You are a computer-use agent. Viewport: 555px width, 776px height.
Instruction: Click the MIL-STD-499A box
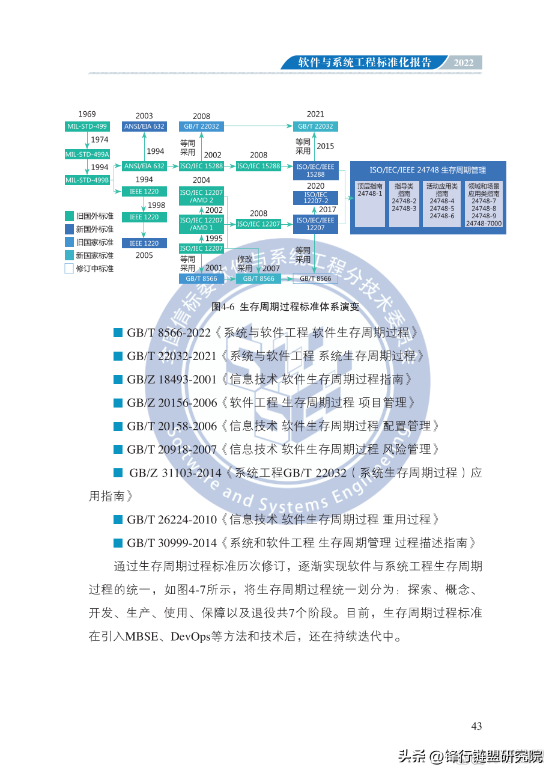[x=87, y=154]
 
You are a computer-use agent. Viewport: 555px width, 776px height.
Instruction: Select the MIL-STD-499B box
[x=87, y=180]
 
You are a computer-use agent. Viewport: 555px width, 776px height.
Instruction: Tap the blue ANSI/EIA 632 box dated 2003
[x=144, y=126]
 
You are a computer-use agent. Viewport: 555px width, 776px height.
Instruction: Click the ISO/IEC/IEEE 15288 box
[x=315, y=170]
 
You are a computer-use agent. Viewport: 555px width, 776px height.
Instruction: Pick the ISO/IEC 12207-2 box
[x=315, y=198]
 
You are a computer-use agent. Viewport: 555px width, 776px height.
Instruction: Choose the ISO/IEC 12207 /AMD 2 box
[x=201, y=197]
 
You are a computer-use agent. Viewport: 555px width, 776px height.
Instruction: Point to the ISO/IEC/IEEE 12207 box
[x=315, y=224]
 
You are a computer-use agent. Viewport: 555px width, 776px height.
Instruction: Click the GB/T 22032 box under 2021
[x=315, y=126]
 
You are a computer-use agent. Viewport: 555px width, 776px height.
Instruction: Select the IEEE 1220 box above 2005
[x=144, y=243]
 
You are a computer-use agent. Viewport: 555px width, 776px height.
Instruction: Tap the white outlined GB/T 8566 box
[x=315, y=279]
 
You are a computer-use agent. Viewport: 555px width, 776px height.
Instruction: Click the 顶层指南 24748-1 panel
[x=370, y=203]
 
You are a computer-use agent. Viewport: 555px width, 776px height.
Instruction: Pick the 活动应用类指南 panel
[x=441, y=203]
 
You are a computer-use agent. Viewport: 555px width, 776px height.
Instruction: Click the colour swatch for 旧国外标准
[x=69, y=216]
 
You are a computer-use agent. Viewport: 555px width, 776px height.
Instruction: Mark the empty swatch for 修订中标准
[x=69, y=269]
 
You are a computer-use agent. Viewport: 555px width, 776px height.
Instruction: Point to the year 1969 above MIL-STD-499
[x=87, y=114]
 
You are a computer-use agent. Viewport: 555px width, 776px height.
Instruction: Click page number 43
[x=476, y=726]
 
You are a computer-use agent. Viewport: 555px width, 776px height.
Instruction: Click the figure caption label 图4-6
[x=223, y=307]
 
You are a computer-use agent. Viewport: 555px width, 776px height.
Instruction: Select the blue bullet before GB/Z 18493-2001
[x=118, y=379]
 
